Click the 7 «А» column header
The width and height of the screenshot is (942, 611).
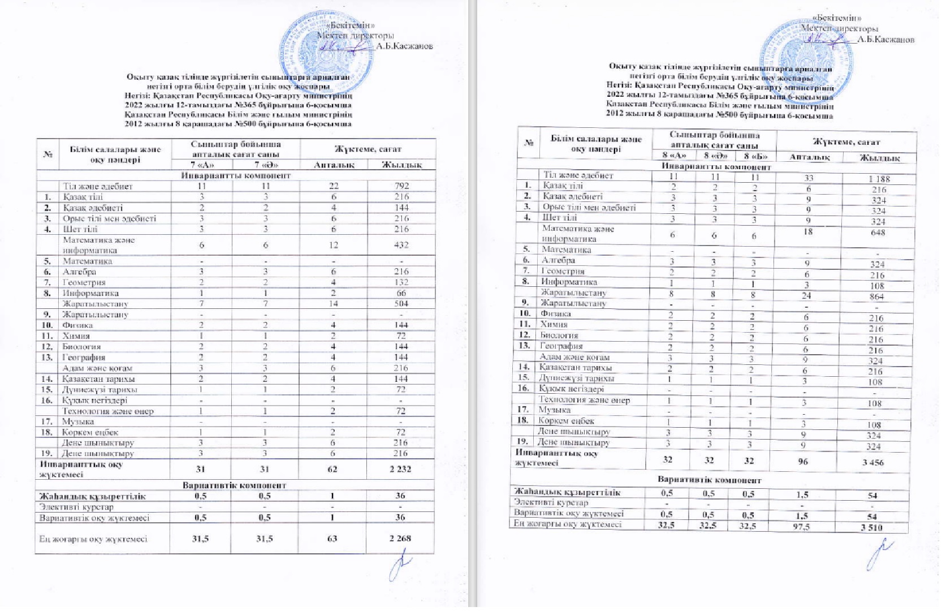coord(201,165)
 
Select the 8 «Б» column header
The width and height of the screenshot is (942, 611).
coord(754,156)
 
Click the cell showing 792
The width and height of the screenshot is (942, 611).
coord(401,186)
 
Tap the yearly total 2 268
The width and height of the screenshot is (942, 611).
coord(400,538)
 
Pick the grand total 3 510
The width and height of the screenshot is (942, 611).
coord(871,528)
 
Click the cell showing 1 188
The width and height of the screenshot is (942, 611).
coord(879,179)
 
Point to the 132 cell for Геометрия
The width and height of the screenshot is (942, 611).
coord(401,282)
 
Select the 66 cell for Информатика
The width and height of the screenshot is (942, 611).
coord(401,293)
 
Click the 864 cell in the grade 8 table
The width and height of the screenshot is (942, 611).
coord(877,296)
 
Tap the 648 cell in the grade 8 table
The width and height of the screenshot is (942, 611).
coord(878,233)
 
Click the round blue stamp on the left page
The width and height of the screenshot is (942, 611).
coord(329,54)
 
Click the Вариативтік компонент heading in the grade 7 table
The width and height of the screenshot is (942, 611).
coord(234,485)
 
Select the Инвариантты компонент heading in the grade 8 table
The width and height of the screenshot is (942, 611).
coord(716,167)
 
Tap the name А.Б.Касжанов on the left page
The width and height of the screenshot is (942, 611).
coord(404,46)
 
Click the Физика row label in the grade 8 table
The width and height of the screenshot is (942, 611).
coord(555,313)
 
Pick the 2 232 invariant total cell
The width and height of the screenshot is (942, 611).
coord(400,469)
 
